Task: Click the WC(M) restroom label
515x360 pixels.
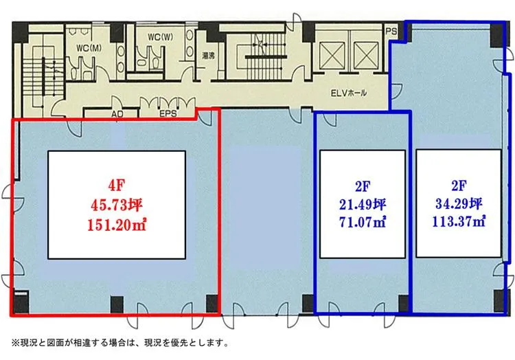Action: pyautogui.click(x=89, y=48)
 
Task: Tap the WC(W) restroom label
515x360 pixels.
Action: pyautogui.click(x=160, y=37)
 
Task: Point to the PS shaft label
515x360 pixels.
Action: pyautogui.click(x=391, y=32)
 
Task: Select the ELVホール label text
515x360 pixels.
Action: pyautogui.click(x=348, y=93)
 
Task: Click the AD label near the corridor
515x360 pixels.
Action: pyautogui.click(x=117, y=114)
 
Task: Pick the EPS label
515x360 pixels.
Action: pyautogui.click(x=168, y=114)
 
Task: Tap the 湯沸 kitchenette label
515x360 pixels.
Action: pyautogui.click(x=209, y=56)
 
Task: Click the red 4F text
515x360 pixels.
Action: pyautogui.click(x=117, y=186)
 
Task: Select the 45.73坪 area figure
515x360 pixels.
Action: pyautogui.click(x=117, y=205)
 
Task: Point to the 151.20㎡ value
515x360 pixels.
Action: pyautogui.click(x=117, y=225)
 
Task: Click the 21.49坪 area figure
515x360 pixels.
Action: pyautogui.click(x=363, y=205)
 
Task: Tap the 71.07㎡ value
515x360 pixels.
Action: pyautogui.click(x=363, y=223)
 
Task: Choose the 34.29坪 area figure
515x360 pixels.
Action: pyautogui.click(x=459, y=204)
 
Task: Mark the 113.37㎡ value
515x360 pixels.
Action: pyautogui.click(x=459, y=222)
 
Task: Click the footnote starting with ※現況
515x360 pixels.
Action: pyautogui.click(x=120, y=344)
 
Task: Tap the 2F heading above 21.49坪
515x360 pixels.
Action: pyautogui.click(x=363, y=187)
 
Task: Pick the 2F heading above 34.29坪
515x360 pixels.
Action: pyautogui.click(x=459, y=186)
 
